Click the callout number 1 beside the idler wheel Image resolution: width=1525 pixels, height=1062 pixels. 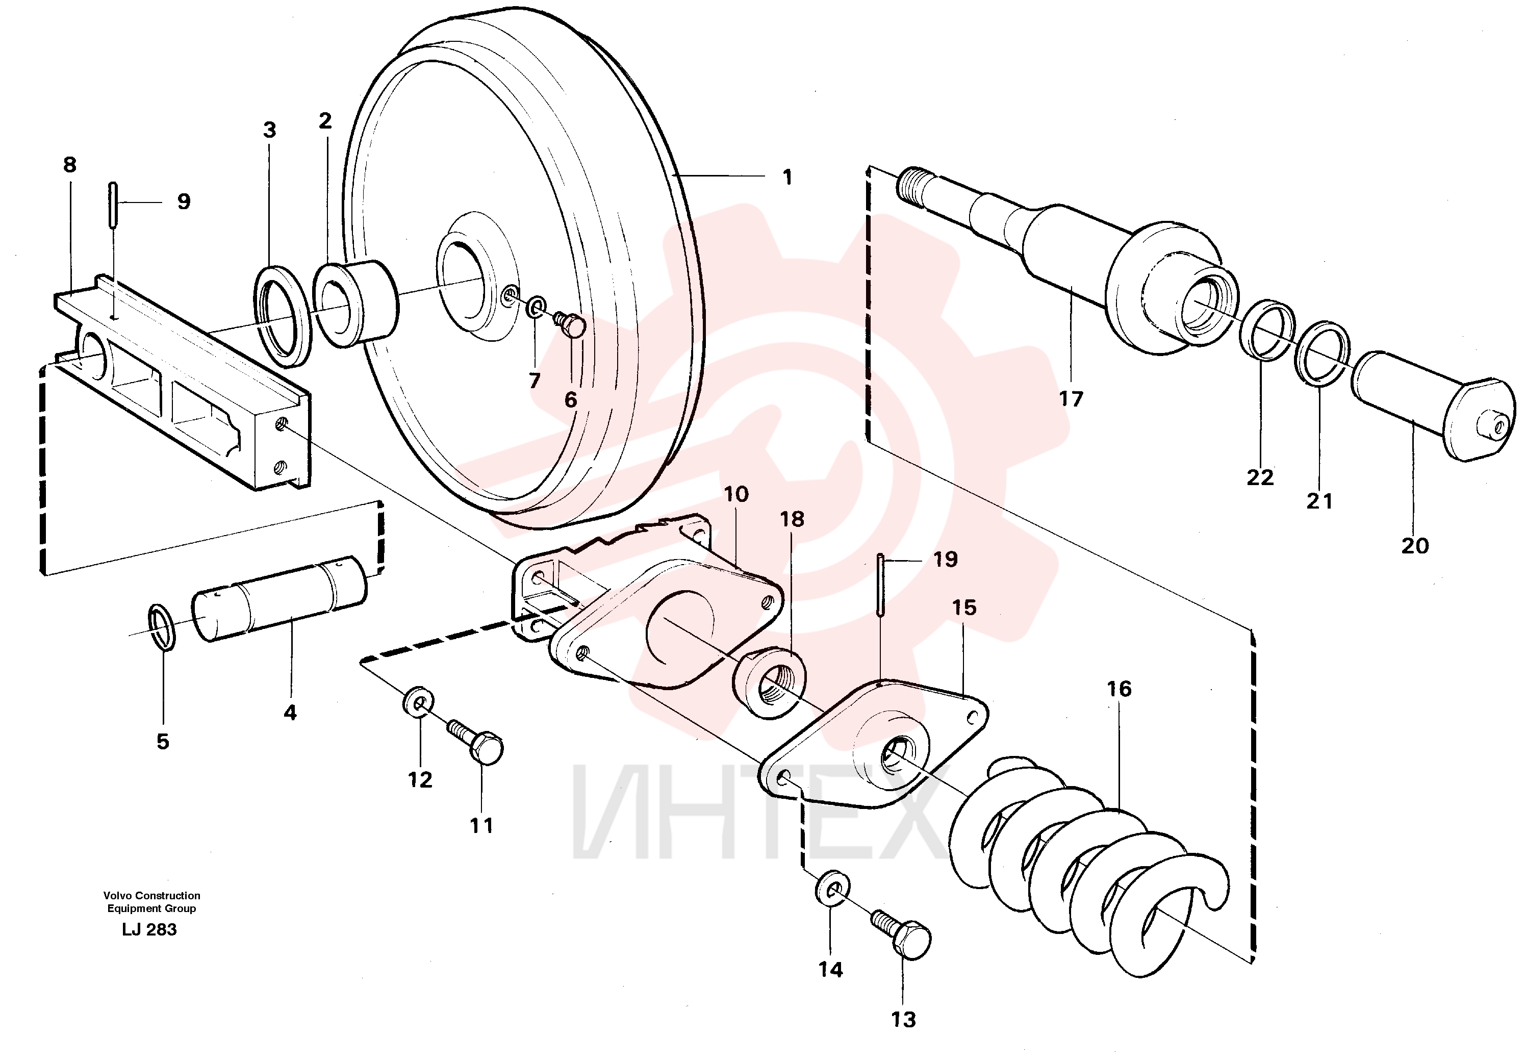(787, 178)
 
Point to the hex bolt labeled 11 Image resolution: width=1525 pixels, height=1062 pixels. (477, 743)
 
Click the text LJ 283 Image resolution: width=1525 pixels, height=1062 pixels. (149, 930)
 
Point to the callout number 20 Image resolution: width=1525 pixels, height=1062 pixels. (1415, 545)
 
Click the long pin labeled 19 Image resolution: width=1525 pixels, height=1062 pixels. (880, 584)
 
